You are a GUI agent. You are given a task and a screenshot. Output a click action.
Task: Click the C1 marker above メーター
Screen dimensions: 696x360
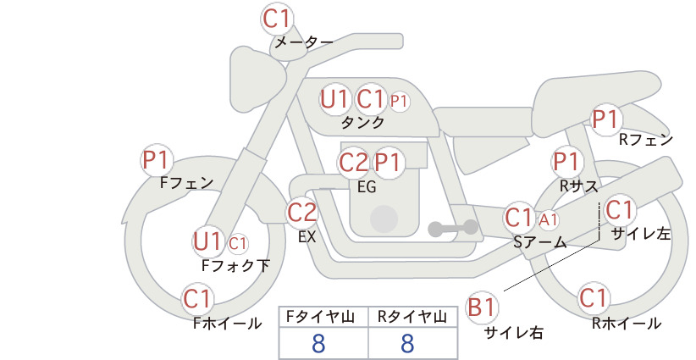(x=276, y=19)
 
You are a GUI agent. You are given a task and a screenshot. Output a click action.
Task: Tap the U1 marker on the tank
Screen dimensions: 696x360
(x=334, y=99)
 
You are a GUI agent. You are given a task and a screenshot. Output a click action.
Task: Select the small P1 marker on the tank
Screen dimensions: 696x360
(x=398, y=101)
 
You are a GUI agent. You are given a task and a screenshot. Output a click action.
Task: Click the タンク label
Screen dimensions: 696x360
(x=362, y=122)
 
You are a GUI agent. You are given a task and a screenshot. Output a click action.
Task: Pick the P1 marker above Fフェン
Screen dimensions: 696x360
(x=157, y=160)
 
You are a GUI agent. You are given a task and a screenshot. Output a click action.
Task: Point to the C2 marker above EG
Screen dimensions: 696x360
(x=354, y=163)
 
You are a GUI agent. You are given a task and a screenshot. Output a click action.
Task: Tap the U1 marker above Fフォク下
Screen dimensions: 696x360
(x=207, y=242)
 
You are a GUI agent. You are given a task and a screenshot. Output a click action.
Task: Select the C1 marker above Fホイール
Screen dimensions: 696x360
(x=196, y=299)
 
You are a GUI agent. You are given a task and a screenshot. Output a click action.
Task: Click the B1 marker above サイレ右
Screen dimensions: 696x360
(x=481, y=307)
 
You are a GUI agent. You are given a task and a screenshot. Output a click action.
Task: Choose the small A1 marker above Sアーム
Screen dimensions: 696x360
(x=548, y=219)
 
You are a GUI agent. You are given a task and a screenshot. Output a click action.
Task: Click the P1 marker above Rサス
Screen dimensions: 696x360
(x=566, y=162)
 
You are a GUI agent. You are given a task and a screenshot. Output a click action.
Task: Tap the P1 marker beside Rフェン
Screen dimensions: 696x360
(x=606, y=119)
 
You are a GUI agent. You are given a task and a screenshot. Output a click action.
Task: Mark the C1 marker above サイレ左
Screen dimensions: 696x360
(x=619, y=210)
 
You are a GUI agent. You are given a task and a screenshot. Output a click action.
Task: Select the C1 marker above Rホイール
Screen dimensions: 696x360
(x=593, y=298)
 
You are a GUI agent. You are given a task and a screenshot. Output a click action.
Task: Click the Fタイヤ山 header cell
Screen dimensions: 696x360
(x=323, y=317)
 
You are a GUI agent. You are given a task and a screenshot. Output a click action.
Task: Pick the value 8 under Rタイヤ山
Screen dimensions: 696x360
(x=407, y=343)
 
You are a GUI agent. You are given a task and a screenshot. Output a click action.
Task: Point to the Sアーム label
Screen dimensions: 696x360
(x=539, y=242)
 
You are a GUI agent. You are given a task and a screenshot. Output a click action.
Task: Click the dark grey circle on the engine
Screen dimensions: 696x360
(x=384, y=219)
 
